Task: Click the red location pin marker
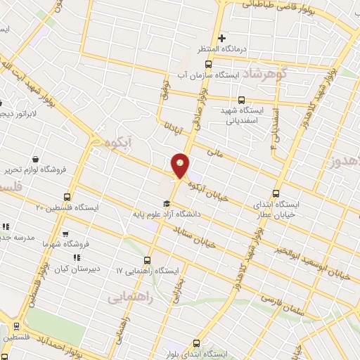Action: tap(181, 165)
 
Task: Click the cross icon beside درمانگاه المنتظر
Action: tap(221, 38)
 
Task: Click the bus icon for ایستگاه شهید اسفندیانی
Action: tap(242, 100)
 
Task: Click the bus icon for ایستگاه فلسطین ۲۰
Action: tap(67, 197)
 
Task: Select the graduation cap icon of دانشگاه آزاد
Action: tap(166, 204)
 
